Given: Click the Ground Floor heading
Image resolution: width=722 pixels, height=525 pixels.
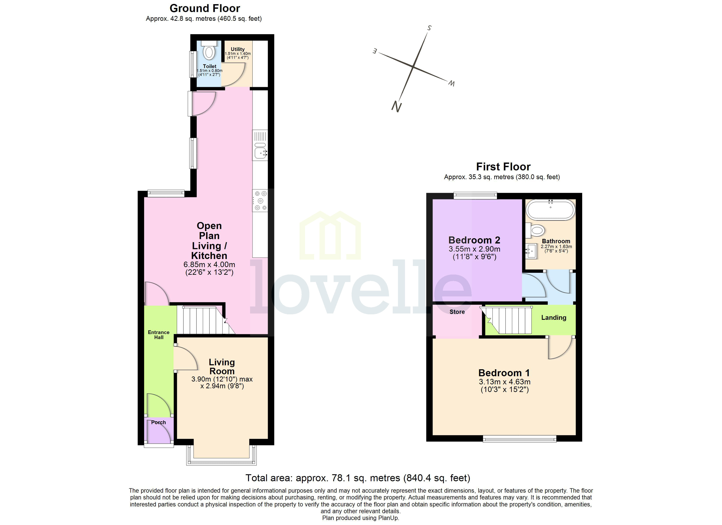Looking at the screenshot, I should point(205,8).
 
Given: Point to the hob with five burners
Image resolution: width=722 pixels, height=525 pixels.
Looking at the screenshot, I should point(260,201).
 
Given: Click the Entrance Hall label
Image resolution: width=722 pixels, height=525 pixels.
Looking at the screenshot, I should point(159,335).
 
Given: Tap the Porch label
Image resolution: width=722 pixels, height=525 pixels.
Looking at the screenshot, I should point(159,422).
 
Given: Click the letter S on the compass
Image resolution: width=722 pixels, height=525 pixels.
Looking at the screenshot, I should point(429,28).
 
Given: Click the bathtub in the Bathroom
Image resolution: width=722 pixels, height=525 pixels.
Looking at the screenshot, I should point(550,210).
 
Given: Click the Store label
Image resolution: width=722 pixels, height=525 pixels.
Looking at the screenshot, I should point(457,312).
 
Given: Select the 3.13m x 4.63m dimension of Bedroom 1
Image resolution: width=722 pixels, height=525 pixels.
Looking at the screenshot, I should point(505,382).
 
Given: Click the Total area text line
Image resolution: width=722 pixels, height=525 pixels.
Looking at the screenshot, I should point(358,478).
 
